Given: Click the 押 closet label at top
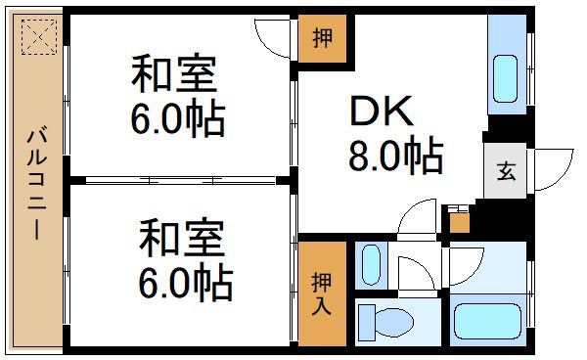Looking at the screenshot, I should tap(322, 40).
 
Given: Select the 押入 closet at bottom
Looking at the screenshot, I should tap(322, 292).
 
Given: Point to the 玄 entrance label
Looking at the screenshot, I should tap(505, 172).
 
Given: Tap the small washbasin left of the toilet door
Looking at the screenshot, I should tap(372, 263).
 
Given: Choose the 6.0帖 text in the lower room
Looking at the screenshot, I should tap(183, 284).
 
